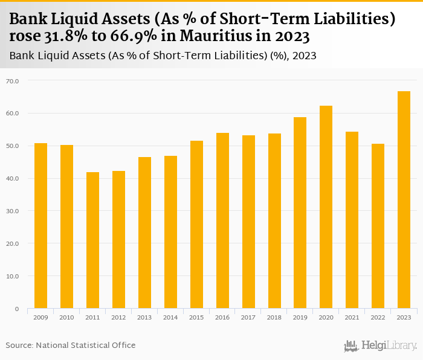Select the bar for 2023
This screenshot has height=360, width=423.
tap(404, 200)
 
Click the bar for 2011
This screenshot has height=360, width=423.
tap(92, 240)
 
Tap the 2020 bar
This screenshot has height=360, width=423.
tap(326, 207)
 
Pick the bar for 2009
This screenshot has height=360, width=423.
tap(40, 226)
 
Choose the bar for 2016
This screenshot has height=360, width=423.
tap(222, 220)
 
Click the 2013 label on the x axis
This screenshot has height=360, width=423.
tap(144, 318)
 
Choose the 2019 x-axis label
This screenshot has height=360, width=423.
tap(300, 318)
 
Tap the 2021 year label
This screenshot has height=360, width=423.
tap(352, 318)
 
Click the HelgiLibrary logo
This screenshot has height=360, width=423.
tap(381, 346)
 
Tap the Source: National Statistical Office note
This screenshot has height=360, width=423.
tap(71, 346)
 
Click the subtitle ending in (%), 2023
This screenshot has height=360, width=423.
tap(163, 56)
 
